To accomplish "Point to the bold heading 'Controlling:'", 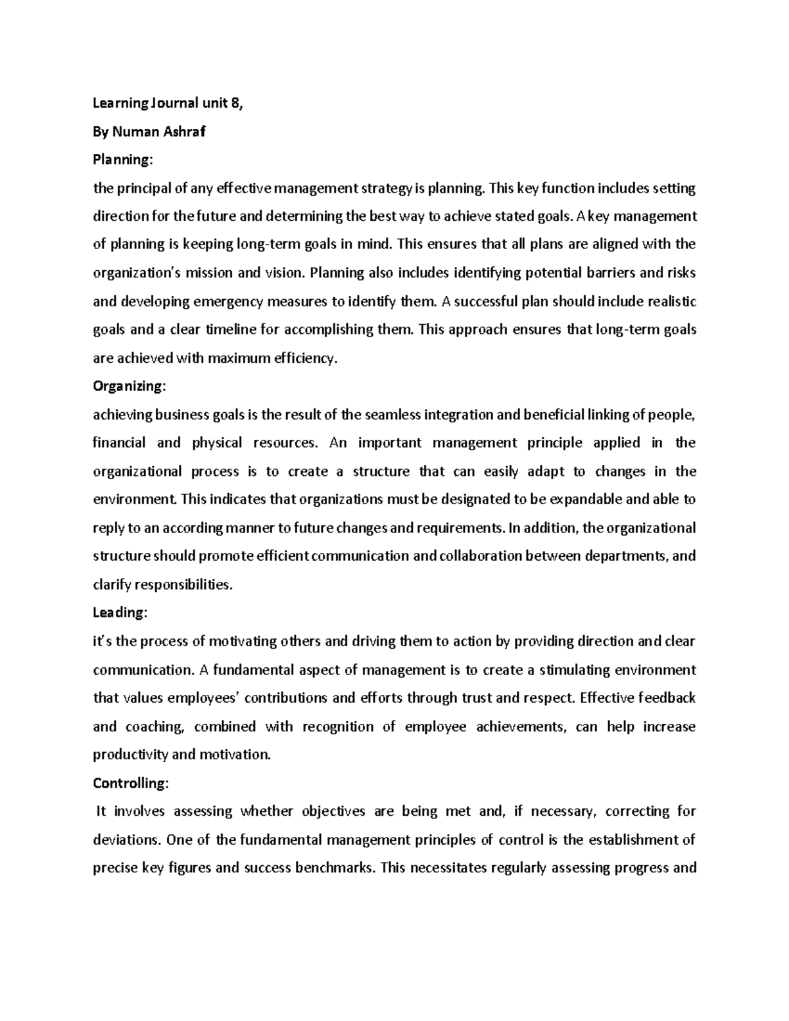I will pyautogui.click(x=131, y=783).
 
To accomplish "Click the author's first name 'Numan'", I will pyautogui.click(x=135, y=131).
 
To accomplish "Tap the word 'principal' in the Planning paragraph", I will pyautogui.click(x=144, y=189).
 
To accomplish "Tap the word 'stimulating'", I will pyautogui.click(x=574, y=670).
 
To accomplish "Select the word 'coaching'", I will pyautogui.click(x=155, y=726).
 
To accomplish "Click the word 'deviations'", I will pyautogui.click(x=126, y=840).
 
